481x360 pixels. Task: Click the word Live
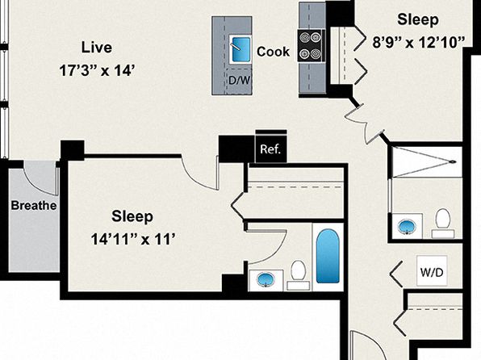pos(97,48)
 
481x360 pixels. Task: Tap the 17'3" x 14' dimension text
pos(97,70)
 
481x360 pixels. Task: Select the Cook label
pos(273,52)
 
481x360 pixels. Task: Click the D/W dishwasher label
pos(239,81)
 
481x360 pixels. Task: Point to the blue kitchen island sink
pos(240,49)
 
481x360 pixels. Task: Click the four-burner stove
pos(310,45)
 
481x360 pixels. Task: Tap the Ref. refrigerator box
pos(271,149)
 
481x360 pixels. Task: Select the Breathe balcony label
pos(34,205)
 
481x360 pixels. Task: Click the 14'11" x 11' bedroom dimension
pos(133,239)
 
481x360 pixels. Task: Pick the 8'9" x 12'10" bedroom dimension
pos(419,42)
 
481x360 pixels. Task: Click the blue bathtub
pos(328,256)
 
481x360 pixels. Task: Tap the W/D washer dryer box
pos(432,271)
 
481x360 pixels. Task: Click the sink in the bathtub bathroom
pos(266,279)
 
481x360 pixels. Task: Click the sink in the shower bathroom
pos(407,227)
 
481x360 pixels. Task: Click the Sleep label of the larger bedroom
pos(132,216)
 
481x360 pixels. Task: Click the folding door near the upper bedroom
pos(365,121)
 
